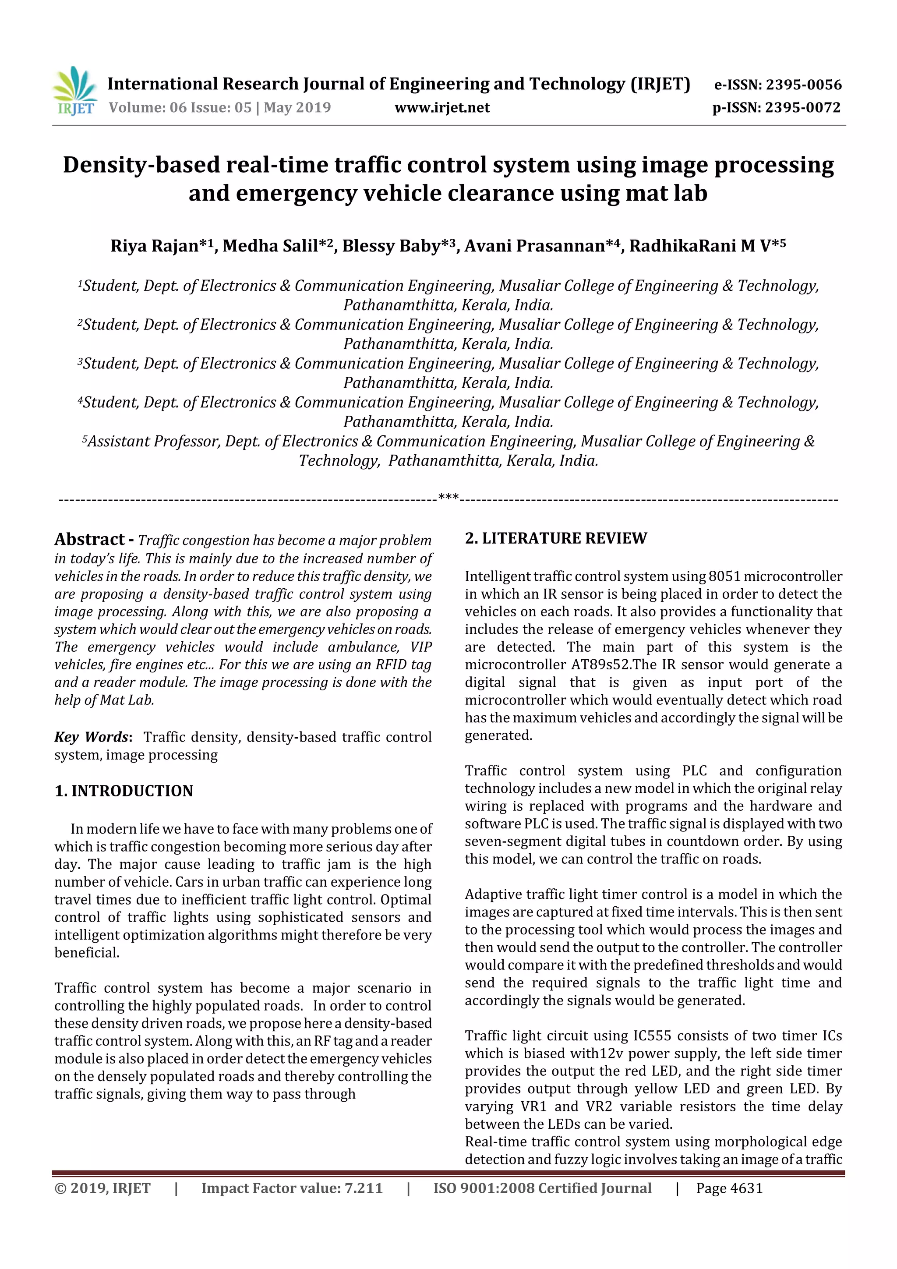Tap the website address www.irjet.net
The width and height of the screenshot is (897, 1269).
(x=441, y=108)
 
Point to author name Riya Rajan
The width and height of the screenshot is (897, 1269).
(x=154, y=245)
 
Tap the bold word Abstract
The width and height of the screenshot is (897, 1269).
(x=89, y=539)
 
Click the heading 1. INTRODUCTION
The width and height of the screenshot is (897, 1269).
(x=124, y=791)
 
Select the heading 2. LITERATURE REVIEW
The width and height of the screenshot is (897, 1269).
(x=555, y=538)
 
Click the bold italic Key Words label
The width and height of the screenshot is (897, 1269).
(x=92, y=737)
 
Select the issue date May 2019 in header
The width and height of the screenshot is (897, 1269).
(x=297, y=108)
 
